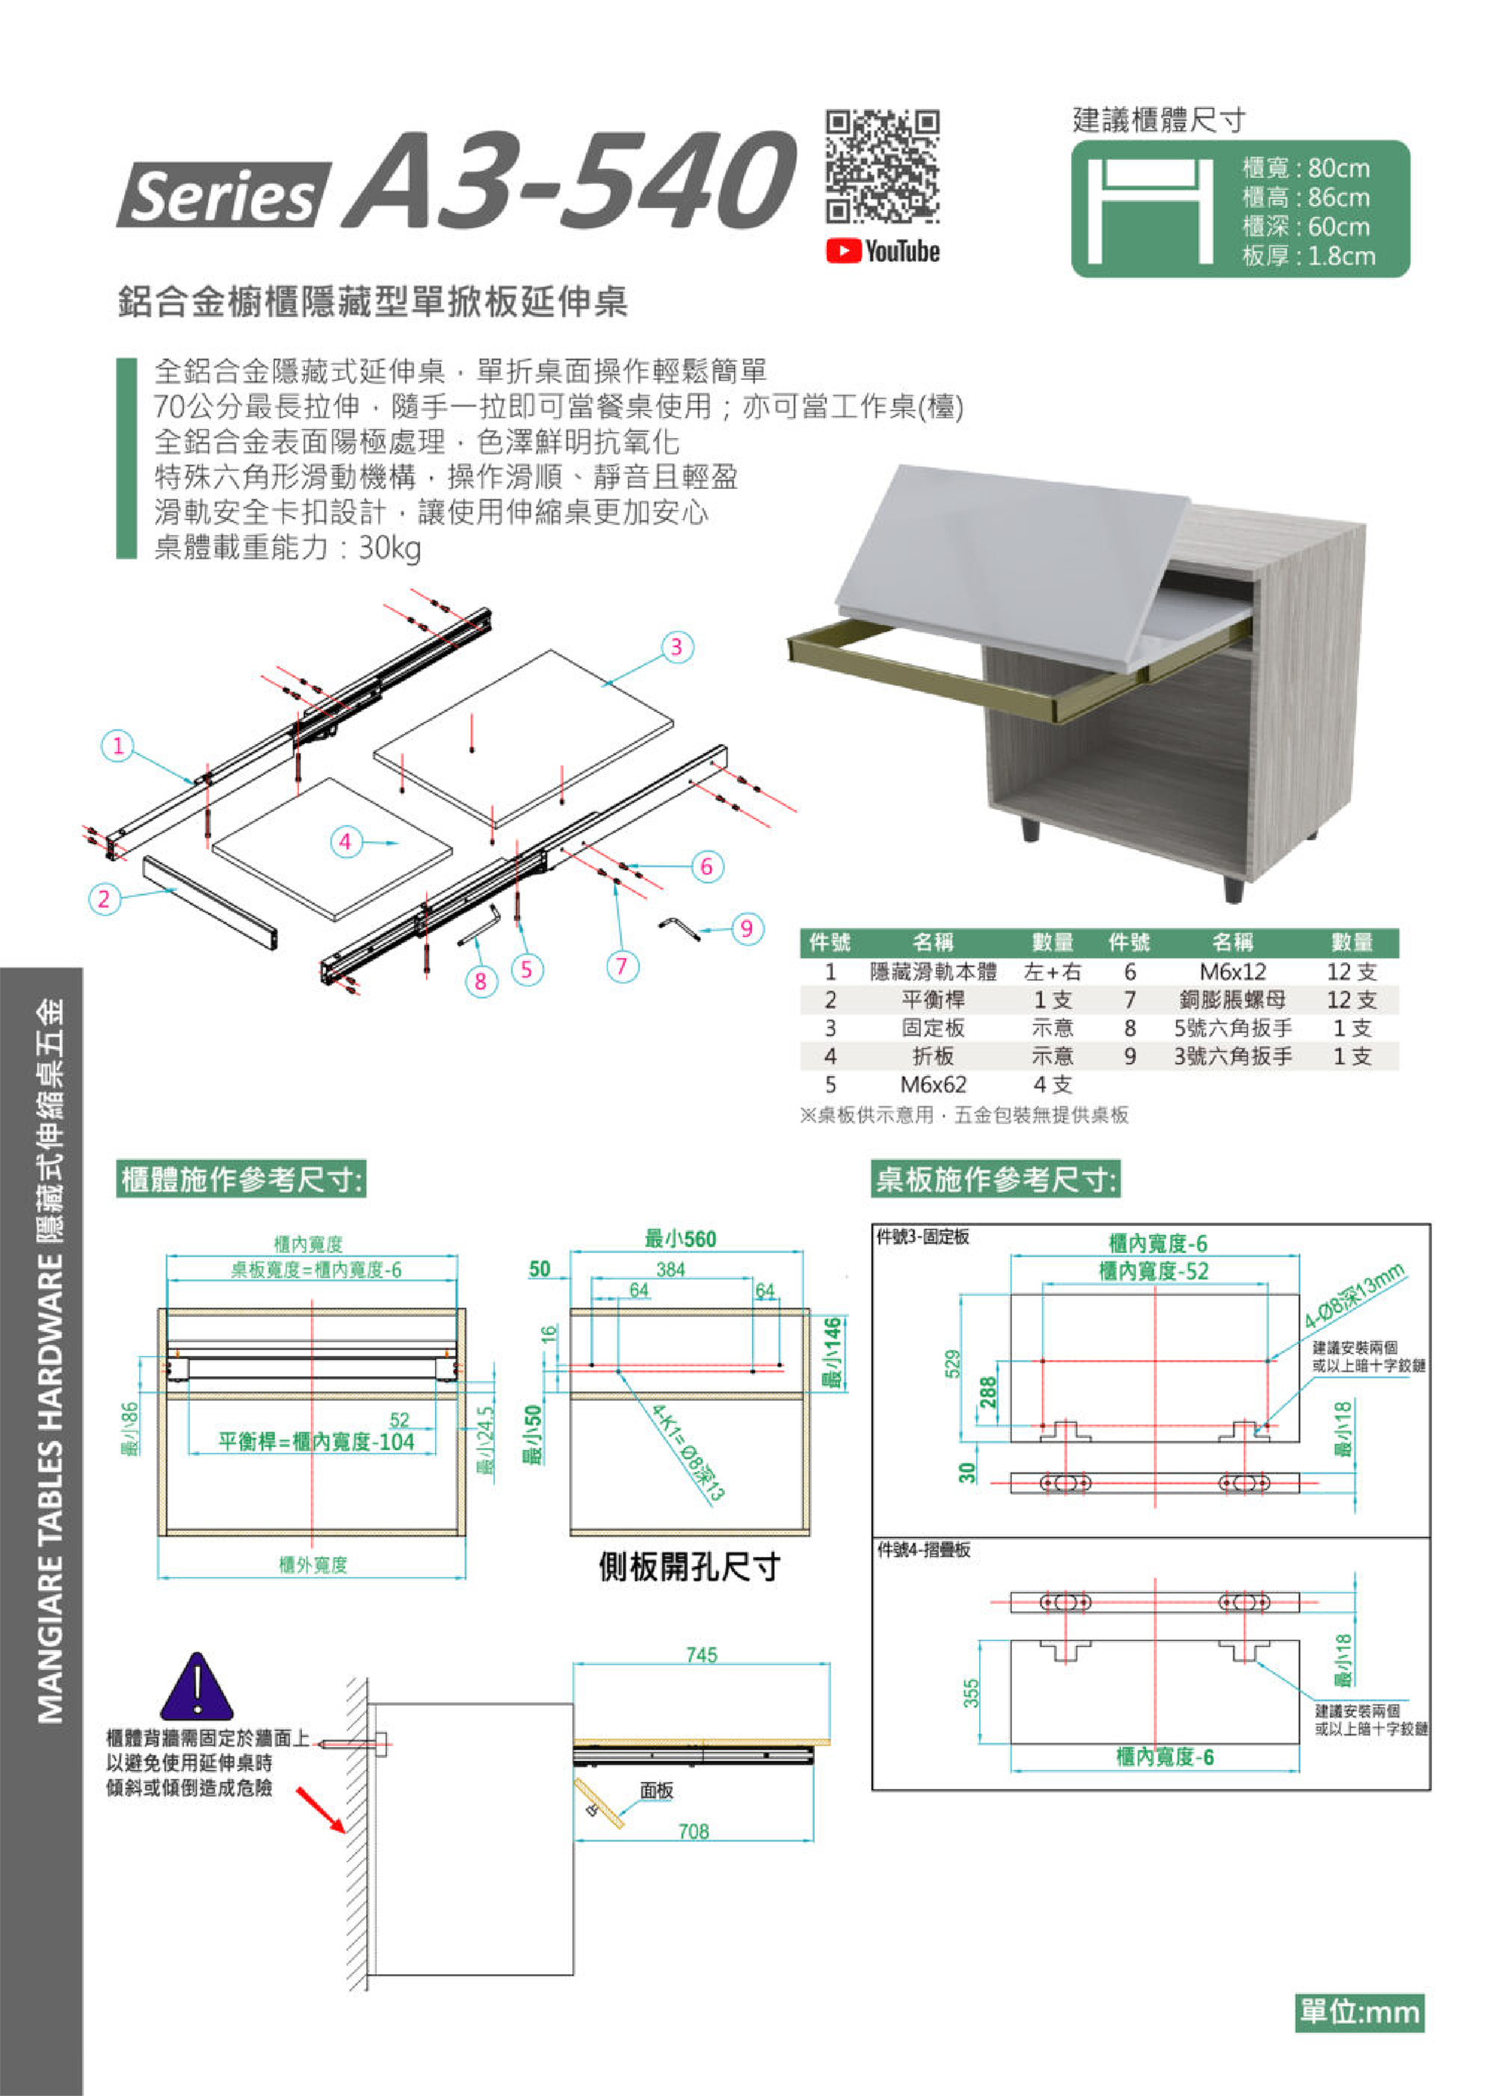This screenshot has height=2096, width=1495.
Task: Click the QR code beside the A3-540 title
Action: click(882, 167)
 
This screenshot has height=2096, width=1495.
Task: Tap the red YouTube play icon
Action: click(842, 251)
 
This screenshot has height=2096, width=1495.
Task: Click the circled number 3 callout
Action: click(676, 647)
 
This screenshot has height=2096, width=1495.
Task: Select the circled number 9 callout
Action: click(747, 928)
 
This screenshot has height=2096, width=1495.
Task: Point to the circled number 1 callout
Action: click(118, 745)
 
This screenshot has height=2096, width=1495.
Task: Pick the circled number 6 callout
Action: click(707, 866)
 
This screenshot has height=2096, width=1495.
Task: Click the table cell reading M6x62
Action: click(933, 1085)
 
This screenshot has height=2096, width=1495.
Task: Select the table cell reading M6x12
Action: click(1232, 972)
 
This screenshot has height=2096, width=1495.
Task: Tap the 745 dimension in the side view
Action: click(701, 1655)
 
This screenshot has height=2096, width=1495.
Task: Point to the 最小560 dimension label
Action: click(680, 1239)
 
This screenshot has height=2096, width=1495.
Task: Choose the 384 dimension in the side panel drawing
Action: click(671, 1269)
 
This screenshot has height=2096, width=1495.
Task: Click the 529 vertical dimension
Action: click(953, 1363)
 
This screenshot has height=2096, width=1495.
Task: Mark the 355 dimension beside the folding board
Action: click(971, 1692)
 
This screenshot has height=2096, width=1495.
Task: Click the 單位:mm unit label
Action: click(1360, 2012)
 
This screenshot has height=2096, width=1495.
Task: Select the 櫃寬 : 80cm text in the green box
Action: click(1305, 168)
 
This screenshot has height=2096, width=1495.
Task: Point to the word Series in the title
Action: click(223, 195)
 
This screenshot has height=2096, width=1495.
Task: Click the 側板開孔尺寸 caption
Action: click(689, 1566)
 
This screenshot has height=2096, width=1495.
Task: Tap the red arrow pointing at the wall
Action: click(321, 1808)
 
